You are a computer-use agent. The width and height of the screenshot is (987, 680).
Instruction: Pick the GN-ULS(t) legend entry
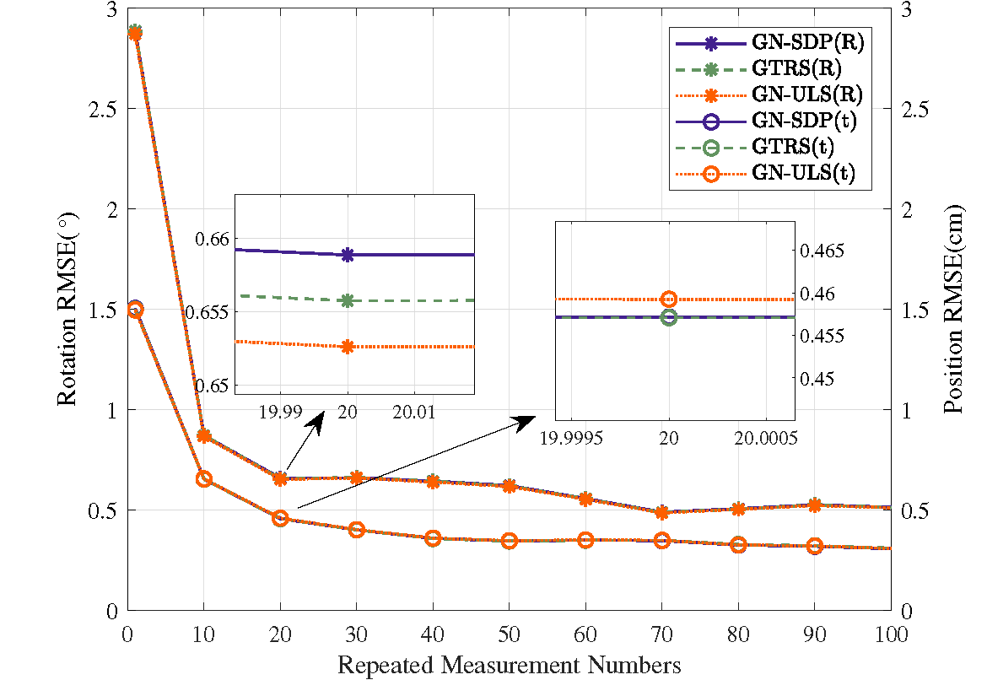point(766,173)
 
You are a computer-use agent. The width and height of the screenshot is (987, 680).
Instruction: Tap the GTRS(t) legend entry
point(755,148)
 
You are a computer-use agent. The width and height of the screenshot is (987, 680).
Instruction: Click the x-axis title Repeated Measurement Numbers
point(510,665)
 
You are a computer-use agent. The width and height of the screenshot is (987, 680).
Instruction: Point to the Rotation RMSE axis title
point(67,310)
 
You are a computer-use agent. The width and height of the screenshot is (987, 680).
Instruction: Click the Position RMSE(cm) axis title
point(953,309)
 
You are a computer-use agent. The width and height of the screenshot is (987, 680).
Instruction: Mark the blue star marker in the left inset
point(348,255)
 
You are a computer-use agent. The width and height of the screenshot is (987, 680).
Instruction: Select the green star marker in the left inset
point(348,301)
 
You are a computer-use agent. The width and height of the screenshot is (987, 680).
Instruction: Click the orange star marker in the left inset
point(348,346)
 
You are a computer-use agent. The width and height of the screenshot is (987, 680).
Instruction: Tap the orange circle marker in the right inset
point(669,299)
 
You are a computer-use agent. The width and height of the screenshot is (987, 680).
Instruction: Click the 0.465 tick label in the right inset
point(822,251)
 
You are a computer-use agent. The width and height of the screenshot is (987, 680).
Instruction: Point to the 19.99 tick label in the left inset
point(281,413)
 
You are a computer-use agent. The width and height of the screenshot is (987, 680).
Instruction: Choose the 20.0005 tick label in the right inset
point(766,438)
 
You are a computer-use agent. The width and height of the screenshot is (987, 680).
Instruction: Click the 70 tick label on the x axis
point(661,634)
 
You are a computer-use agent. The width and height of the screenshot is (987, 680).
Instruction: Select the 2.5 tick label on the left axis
point(104,109)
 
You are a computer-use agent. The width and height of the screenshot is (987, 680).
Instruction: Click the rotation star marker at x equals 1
point(135,33)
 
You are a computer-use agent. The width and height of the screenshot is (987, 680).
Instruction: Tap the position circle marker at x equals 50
point(510,540)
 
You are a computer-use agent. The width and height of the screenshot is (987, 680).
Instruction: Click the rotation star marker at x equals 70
point(661,512)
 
